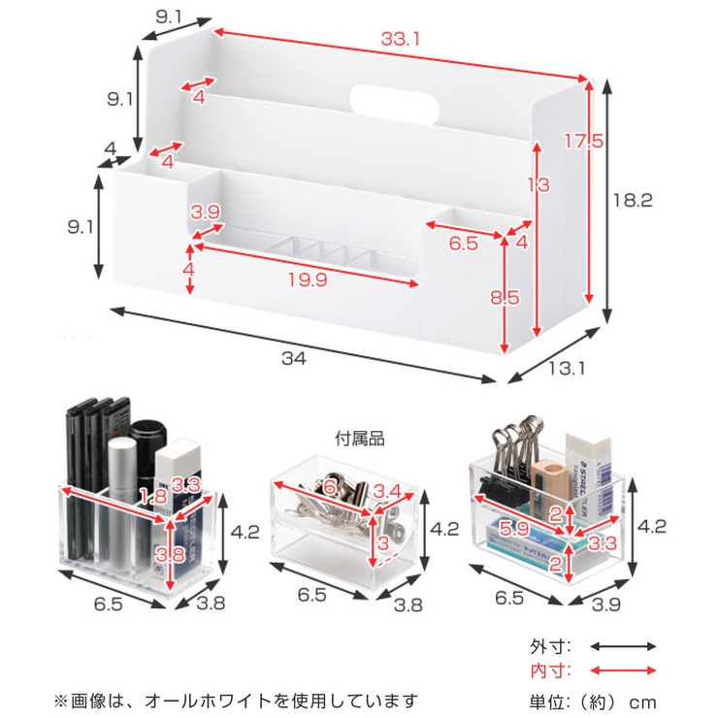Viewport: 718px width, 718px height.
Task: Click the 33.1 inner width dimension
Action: click(399, 41)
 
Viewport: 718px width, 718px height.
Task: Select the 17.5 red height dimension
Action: click(584, 142)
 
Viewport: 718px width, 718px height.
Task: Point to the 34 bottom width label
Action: click(294, 358)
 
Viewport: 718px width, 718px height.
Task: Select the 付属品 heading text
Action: click(361, 439)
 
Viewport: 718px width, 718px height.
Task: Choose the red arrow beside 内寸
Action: click(624, 670)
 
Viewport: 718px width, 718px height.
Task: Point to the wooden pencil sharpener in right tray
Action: click(546, 482)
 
